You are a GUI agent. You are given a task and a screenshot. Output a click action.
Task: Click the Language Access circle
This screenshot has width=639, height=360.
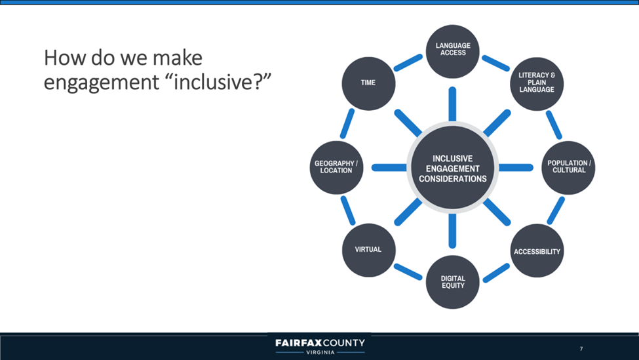coord(452,50)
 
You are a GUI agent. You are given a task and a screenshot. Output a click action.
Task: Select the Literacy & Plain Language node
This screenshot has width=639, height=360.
coord(536,83)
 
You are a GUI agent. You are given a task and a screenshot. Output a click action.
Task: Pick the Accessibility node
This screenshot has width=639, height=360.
coord(537,251)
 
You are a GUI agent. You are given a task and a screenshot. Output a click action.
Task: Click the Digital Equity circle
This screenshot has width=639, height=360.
coord(452,283)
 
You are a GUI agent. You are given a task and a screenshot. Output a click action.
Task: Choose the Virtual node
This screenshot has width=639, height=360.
coord(368,250)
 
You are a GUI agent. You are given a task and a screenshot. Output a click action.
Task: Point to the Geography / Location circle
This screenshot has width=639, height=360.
coord(336,167)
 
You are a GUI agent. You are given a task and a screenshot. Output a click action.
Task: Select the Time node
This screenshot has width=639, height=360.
coord(368,83)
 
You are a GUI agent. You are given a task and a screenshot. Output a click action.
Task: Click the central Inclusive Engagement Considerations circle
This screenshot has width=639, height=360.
coord(452,168)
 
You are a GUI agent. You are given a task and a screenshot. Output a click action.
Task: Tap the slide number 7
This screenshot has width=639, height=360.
coord(581,348)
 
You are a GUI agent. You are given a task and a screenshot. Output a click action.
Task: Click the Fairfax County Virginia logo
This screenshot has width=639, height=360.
coord(320,346)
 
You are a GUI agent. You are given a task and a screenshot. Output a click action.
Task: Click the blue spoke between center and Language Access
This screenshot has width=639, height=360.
coord(452,104)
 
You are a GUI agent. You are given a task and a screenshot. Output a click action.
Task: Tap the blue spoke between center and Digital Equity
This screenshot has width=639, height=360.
coord(452,231)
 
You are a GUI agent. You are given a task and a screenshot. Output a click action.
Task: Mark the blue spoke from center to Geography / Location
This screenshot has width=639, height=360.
coord(389,168)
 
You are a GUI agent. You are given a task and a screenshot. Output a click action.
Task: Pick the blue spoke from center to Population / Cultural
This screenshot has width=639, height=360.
coord(516,168)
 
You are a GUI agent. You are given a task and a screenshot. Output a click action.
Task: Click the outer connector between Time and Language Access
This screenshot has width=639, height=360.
coord(408,62)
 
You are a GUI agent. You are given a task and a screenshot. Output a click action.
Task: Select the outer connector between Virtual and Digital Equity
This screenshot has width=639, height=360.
coord(408,271)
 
